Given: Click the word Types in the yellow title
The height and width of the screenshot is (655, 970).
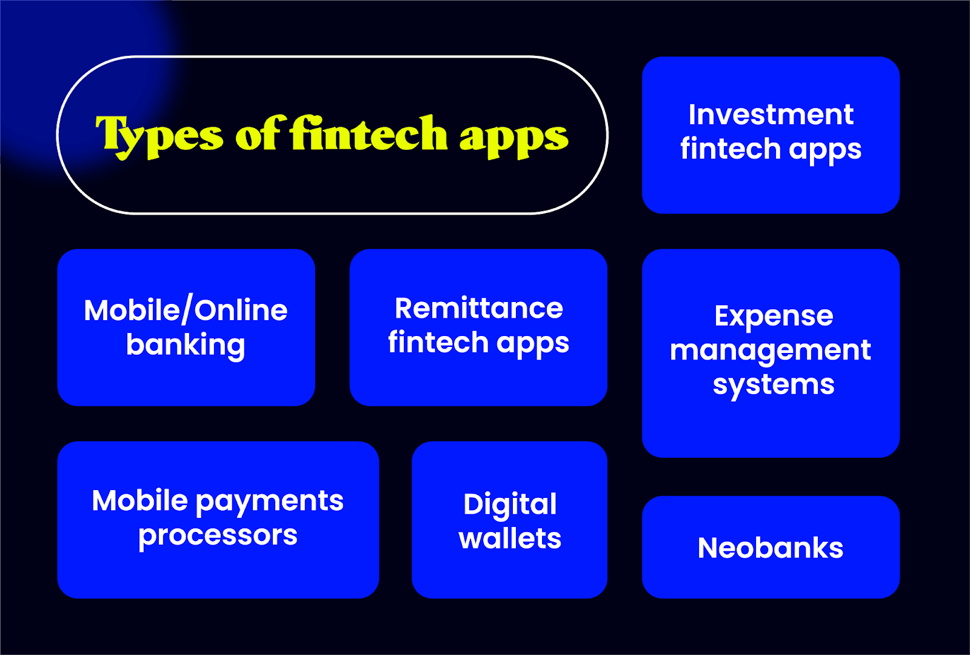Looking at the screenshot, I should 159,135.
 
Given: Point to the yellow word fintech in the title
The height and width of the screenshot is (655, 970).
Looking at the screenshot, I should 369,133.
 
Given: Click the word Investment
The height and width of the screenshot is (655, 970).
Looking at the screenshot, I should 771,115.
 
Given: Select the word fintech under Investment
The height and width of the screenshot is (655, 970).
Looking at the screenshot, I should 730,149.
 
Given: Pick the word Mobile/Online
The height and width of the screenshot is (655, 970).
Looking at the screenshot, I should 186,311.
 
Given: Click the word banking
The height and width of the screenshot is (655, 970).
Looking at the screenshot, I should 186,345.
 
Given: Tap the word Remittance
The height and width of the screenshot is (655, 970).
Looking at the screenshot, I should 479,308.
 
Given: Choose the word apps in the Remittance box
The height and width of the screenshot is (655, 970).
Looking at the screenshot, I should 533,343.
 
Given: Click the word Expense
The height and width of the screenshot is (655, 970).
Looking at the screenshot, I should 774,316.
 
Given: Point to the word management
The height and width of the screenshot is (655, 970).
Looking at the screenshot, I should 770,351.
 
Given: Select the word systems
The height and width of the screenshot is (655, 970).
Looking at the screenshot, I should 774,385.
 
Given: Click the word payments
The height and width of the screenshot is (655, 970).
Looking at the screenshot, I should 270,502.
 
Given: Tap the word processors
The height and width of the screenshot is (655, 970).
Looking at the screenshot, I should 218,536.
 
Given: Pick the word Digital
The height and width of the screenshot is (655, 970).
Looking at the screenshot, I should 510,504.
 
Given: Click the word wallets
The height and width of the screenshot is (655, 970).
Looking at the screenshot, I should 510,539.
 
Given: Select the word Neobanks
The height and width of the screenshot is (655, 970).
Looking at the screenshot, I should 770,548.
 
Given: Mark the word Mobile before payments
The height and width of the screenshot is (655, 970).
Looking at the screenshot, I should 140,501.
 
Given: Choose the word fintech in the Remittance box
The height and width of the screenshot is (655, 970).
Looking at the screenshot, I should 438,343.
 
